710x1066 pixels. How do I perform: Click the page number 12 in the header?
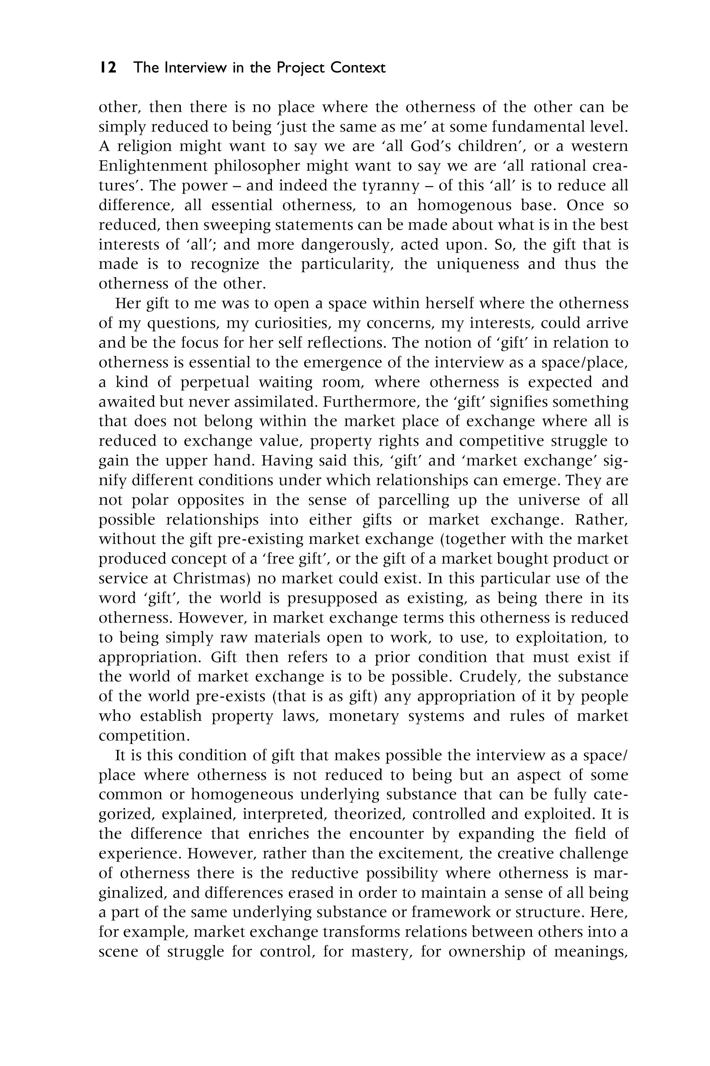click(x=108, y=68)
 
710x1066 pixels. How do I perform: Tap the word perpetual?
click(x=215, y=382)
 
